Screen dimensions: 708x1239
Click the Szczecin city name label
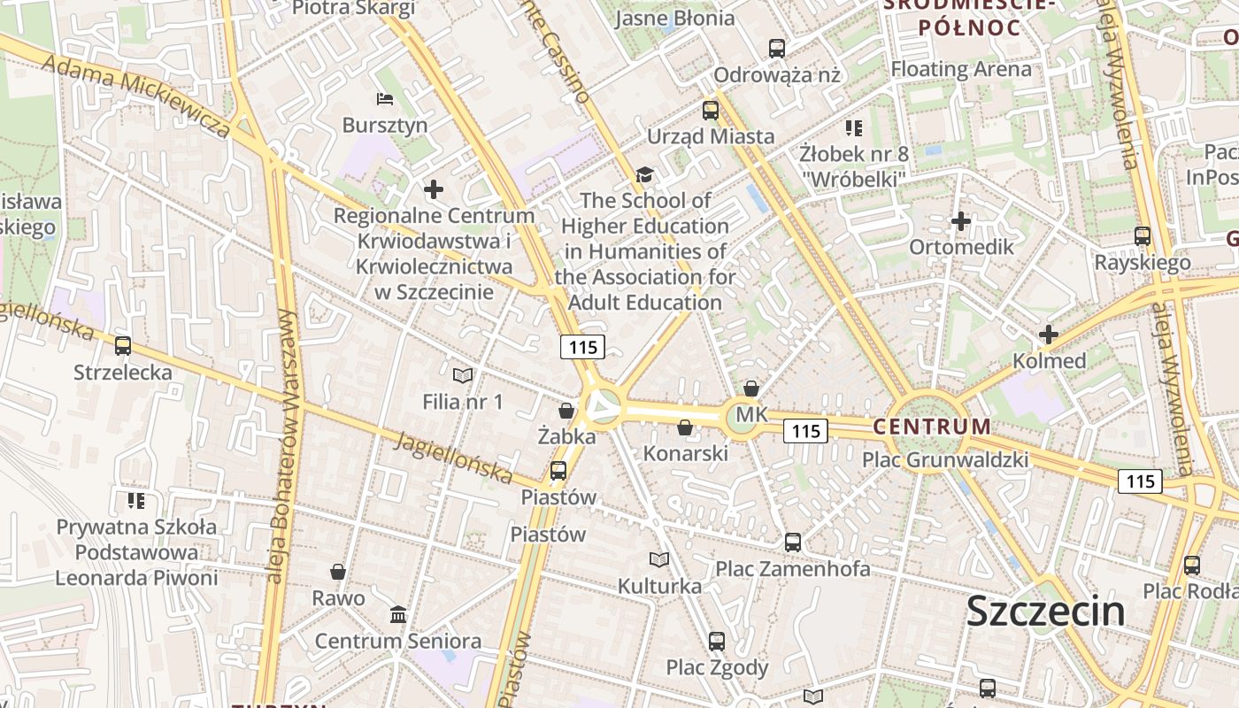1045,611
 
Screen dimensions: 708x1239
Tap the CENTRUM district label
932,427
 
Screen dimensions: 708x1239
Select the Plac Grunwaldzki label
945,459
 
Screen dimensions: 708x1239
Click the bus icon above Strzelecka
123,346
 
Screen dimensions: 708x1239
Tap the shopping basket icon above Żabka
566,411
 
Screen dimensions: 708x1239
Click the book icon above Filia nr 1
462,375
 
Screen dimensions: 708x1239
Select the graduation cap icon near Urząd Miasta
644,174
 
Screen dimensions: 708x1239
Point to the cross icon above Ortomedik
961,220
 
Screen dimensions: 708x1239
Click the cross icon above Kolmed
1049,335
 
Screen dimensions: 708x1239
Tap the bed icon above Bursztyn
384,98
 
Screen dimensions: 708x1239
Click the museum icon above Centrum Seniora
398,614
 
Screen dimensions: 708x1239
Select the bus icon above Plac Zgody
717,641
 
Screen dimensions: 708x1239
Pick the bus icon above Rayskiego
1143,236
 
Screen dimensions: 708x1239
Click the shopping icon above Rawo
338,572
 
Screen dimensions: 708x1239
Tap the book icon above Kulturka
659,559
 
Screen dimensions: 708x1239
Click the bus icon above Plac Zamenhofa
793,542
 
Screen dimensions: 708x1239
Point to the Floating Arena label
960,69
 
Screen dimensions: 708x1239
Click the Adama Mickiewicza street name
135,97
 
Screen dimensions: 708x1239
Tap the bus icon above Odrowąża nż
777,49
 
